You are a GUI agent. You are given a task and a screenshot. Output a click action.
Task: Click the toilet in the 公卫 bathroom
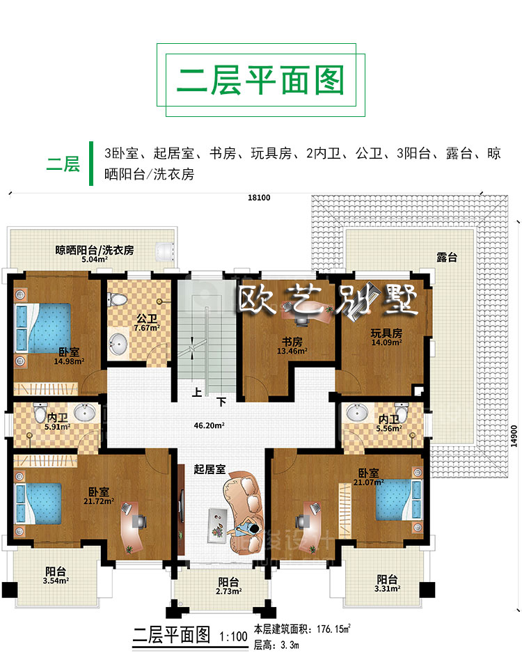[x=117, y=299]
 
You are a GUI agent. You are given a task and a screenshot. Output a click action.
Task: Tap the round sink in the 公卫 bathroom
[x=118, y=344]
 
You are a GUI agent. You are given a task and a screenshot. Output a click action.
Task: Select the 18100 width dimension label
[x=259, y=198]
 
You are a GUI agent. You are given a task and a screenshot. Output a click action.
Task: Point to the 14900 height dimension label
[x=514, y=436]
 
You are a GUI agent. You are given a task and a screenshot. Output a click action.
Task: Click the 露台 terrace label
[x=447, y=258]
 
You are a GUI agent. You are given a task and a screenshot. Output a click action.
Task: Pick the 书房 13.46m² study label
[x=292, y=346]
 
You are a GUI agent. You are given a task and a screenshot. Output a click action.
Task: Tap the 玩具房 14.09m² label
[x=386, y=338]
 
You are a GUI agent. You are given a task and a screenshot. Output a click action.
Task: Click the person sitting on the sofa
[x=246, y=529]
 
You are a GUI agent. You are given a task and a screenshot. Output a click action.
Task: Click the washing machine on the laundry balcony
[x=164, y=251]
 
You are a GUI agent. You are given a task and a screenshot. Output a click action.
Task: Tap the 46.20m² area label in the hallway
[x=209, y=425]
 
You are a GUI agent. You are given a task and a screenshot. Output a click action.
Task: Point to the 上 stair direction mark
[x=196, y=392]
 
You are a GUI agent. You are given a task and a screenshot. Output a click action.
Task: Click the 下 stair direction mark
[x=221, y=402]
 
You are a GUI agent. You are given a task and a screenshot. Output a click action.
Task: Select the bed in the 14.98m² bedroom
[x=42, y=329]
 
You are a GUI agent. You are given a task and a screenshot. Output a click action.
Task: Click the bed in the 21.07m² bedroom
[x=399, y=499]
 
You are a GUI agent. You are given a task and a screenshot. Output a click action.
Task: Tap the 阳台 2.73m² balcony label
[x=228, y=585]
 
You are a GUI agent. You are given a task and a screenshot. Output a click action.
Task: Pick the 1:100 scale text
[x=234, y=636]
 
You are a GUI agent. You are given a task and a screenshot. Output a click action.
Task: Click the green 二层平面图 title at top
[x=260, y=80]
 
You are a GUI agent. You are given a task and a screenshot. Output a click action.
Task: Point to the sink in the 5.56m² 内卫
[x=357, y=413]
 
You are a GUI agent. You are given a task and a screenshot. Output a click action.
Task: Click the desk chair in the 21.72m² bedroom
[x=139, y=521]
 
